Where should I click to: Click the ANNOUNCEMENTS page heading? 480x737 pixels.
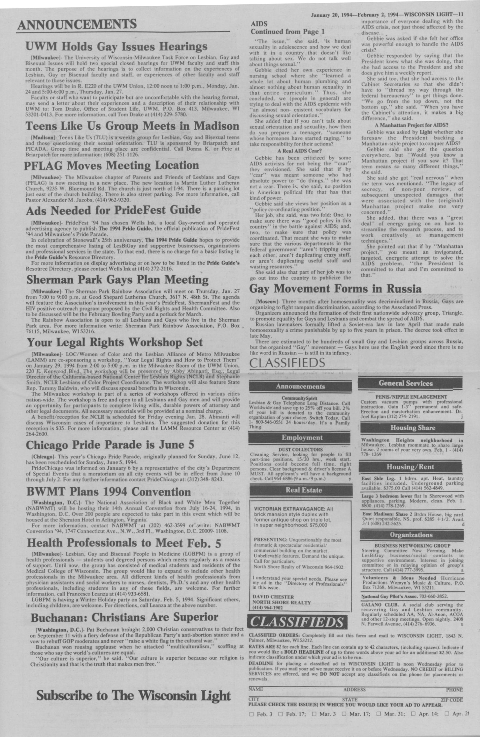click(x=77, y=24)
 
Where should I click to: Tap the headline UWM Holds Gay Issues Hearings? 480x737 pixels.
click(x=116, y=47)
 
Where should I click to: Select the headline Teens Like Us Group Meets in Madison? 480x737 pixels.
click(x=132, y=126)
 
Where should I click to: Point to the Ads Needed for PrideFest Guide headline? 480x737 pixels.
click(x=113, y=211)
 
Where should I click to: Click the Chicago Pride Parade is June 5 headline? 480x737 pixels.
click(x=110, y=445)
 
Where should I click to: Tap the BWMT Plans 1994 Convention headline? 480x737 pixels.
click(x=108, y=492)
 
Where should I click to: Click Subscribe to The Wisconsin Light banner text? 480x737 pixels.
click(x=134, y=685)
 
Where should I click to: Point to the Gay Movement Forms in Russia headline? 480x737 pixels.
click(x=335, y=289)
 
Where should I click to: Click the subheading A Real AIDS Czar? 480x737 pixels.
click(x=300, y=151)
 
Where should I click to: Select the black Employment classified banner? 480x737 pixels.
click(x=302, y=437)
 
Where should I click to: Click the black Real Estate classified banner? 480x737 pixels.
click(x=301, y=490)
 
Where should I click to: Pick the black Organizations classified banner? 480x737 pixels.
click(x=411, y=535)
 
